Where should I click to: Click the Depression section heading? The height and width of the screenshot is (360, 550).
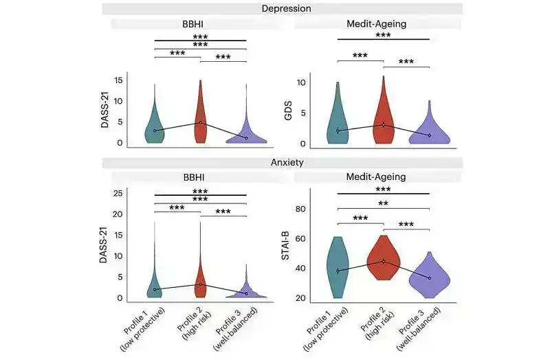pyautogui.click(x=286, y=9)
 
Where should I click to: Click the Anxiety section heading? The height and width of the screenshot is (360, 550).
pyautogui.click(x=286, y=163)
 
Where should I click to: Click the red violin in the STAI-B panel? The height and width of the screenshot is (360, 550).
pyautogui.click(x=384, y=260)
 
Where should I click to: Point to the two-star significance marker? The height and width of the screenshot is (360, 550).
pyautogui.click(x=384, y=204)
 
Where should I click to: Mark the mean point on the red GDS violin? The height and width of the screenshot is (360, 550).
pyautogui.click(x=384, y=124)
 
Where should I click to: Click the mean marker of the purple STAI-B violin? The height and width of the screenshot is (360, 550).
pyautogui.click(x=429, y=278)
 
